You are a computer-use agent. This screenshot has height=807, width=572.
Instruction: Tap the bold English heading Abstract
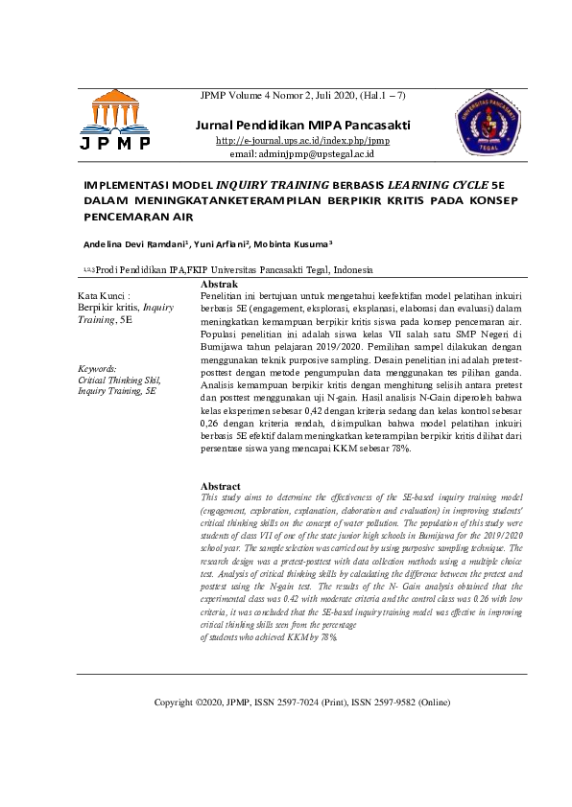tap(221, 487)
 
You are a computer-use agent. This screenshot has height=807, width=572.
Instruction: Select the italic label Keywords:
tap(97, 368)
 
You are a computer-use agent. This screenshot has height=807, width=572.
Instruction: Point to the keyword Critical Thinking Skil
tap(119, 380)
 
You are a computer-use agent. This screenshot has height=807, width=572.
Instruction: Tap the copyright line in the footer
tap(301, 703)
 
